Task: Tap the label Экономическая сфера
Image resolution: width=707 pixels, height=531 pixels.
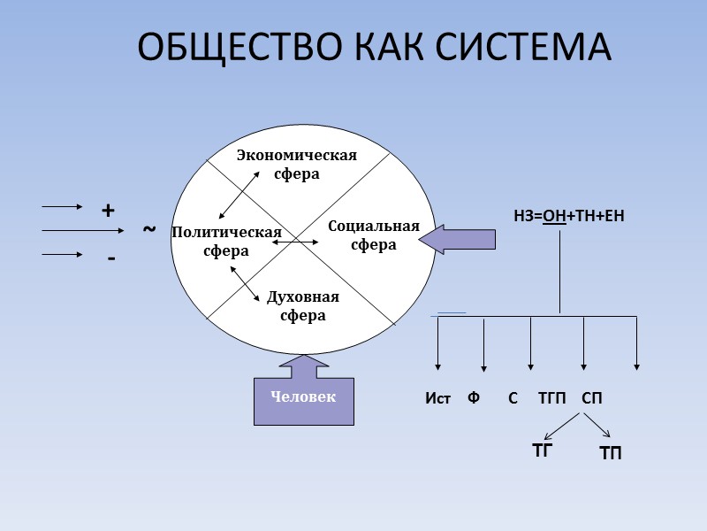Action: click(x=296, y=165)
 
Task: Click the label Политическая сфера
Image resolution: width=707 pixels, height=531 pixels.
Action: click(x=226, y=241)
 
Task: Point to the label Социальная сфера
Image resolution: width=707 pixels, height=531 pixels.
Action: click(x=373, y=235)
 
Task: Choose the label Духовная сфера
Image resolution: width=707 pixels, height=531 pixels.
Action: click(x=302, y=306)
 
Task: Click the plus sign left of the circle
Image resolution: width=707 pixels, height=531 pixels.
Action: click(x=108, y=211)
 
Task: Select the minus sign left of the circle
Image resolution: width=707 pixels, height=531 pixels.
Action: click(x=111, y=258)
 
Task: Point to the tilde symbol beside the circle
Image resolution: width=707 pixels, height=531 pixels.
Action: click(x=148, y=230)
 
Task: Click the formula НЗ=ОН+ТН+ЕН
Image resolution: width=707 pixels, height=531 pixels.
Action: click(x=569, y=215)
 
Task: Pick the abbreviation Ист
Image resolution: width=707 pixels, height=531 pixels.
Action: click(x=437, y=399)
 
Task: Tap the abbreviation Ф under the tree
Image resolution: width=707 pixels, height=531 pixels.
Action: click(x=474, y=398)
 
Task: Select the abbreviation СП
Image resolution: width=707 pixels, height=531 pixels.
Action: click(x=592, y=398)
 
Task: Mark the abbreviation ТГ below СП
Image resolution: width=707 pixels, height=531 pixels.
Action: click(x=542, y=450)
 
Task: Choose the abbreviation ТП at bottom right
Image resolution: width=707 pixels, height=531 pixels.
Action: click(x=611, y=454)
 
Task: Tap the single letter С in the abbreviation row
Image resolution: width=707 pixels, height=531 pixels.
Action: click(x=513, y=398)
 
